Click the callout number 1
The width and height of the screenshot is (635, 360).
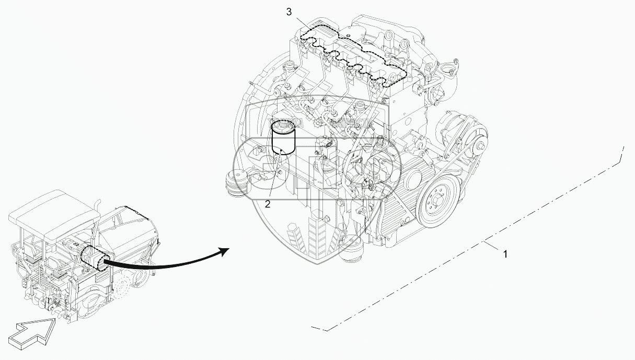coord(505,254)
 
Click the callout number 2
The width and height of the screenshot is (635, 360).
coord(267,204)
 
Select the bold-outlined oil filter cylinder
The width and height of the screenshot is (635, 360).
coord(283,138)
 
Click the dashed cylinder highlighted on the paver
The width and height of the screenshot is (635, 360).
coord(95,258)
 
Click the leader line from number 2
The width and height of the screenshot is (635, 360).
coord(275,175)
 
